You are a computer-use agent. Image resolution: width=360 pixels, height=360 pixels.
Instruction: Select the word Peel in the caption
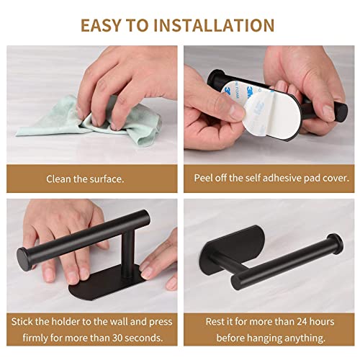tap(204, 179)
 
